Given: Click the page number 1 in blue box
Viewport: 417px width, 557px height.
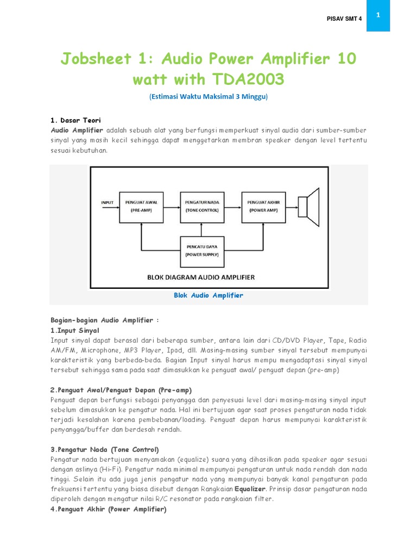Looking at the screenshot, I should [377, 15].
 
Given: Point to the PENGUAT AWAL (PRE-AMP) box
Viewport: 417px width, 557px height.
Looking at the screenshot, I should [141, 206].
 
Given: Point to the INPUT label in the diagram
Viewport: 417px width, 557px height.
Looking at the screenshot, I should [108, 202].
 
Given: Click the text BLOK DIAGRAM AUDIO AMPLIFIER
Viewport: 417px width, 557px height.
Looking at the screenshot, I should [201, 277].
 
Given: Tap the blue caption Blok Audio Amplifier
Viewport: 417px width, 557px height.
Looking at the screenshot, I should [208, 295].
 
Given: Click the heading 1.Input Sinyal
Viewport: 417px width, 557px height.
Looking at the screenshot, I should [75, 330].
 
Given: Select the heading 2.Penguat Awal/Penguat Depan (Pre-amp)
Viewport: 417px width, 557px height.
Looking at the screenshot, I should [121, 390].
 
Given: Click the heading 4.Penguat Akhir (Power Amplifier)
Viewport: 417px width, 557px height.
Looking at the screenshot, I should [108, 509].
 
